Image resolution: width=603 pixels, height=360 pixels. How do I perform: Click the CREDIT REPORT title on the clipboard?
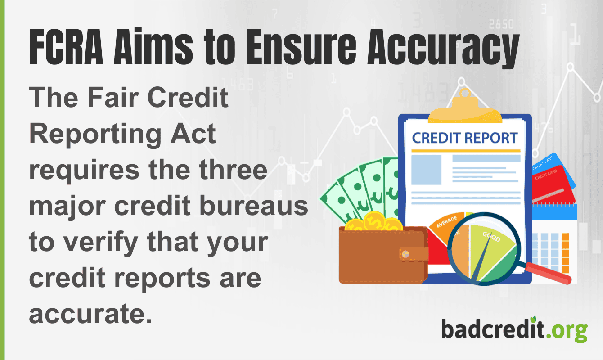(x=465, y=138)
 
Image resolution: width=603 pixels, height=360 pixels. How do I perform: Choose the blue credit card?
(x=558, y=166)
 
